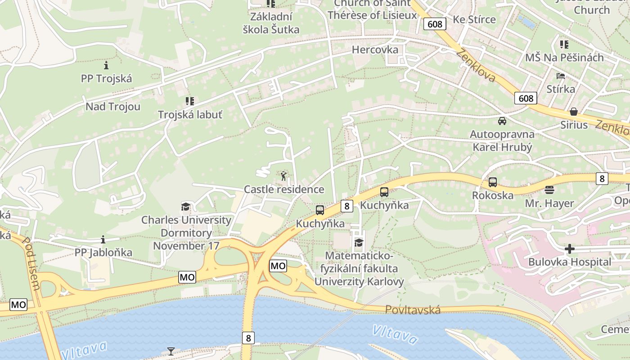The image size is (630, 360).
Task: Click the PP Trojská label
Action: coord(107,79)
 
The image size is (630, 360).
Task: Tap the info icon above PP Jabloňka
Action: coord(103,239)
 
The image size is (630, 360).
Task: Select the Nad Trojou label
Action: coord(113,107)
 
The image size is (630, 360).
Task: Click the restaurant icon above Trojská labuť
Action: coord(189,101)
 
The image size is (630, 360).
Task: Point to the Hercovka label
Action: coord(375,49)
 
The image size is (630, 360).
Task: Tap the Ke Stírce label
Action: coord(474,19)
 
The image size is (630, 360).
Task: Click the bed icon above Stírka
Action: coord(560,76)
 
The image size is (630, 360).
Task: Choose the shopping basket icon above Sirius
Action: coord(574,111)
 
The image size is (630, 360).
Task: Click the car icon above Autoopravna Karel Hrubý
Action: coord(502,121)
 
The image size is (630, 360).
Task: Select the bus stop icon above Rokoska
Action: coord(493,182)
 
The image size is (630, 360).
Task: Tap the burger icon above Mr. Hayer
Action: coord(549,189)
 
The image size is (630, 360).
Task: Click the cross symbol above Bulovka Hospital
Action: coord(570,249)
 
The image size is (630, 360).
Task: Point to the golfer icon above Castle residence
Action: coord(283,176)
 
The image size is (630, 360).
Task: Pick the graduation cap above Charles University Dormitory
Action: coord(185,207)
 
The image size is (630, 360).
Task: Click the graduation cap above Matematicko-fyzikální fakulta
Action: coord(359,243)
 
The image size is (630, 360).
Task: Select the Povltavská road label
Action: coord(413,310)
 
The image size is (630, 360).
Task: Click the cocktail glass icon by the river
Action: coord(171,351)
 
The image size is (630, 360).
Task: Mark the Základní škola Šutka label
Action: coord(271,23)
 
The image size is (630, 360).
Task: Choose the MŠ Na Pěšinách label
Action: coord(564,58)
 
